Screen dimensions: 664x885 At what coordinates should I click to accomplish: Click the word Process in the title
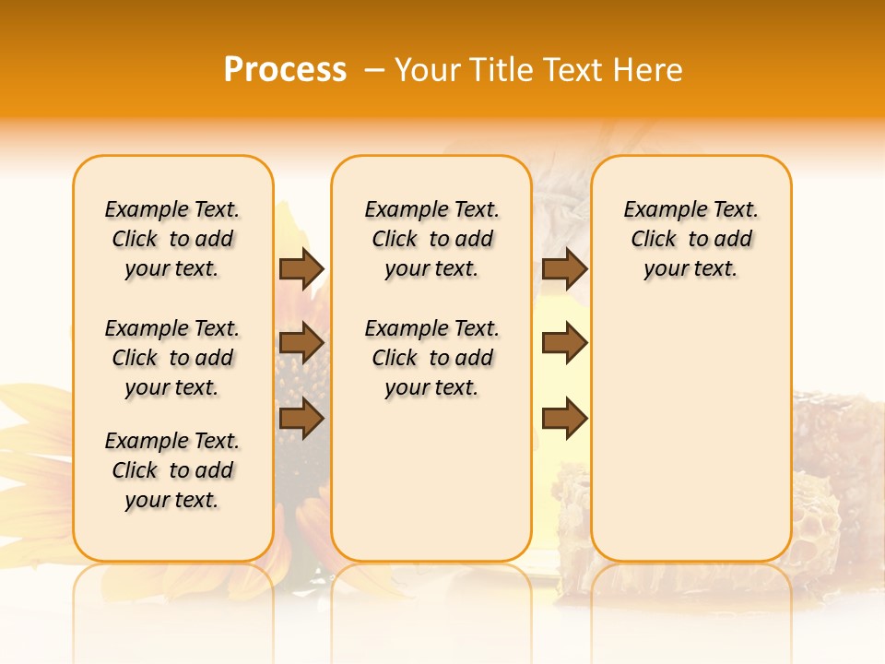pos(285,70)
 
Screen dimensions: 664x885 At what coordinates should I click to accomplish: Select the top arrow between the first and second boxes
pos(301,268)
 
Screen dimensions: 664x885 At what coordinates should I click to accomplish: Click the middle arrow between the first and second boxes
pos(301,343)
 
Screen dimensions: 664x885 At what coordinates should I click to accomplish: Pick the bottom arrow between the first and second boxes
pos(301,419)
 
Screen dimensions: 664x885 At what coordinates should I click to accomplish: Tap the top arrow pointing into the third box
pos(564,268)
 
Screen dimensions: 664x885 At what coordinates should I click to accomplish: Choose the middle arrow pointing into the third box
pos(564,343)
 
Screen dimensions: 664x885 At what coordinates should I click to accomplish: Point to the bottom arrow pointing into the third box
pos(564,419)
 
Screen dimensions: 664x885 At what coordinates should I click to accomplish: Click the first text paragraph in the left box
pos(172,239)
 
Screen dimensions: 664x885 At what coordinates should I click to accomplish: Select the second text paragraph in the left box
pos(172,358)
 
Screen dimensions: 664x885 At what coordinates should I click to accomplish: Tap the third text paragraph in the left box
pos(172,470)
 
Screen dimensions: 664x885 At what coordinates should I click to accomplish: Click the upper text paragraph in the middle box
pos(431,239)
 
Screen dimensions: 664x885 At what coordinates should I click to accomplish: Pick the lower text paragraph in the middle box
pos(431,358)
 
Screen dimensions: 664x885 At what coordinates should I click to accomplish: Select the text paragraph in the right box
pos(690,239)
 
